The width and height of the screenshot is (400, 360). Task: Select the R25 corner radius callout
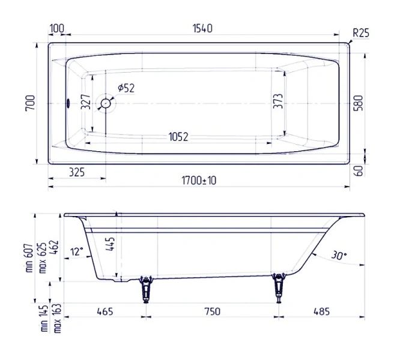tap(360, 34)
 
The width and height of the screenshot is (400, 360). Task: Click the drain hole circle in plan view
tap(107, 103)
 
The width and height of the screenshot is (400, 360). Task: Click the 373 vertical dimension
tap(277, 103)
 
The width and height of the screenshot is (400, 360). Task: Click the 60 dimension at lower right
tap(359, 171)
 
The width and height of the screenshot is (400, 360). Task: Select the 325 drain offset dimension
tap(76, 172)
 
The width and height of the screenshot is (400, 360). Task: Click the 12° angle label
tap(76, 251)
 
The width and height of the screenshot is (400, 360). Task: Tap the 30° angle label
tap(338, 256)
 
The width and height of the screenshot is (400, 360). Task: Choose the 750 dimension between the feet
tap(211, 311)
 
